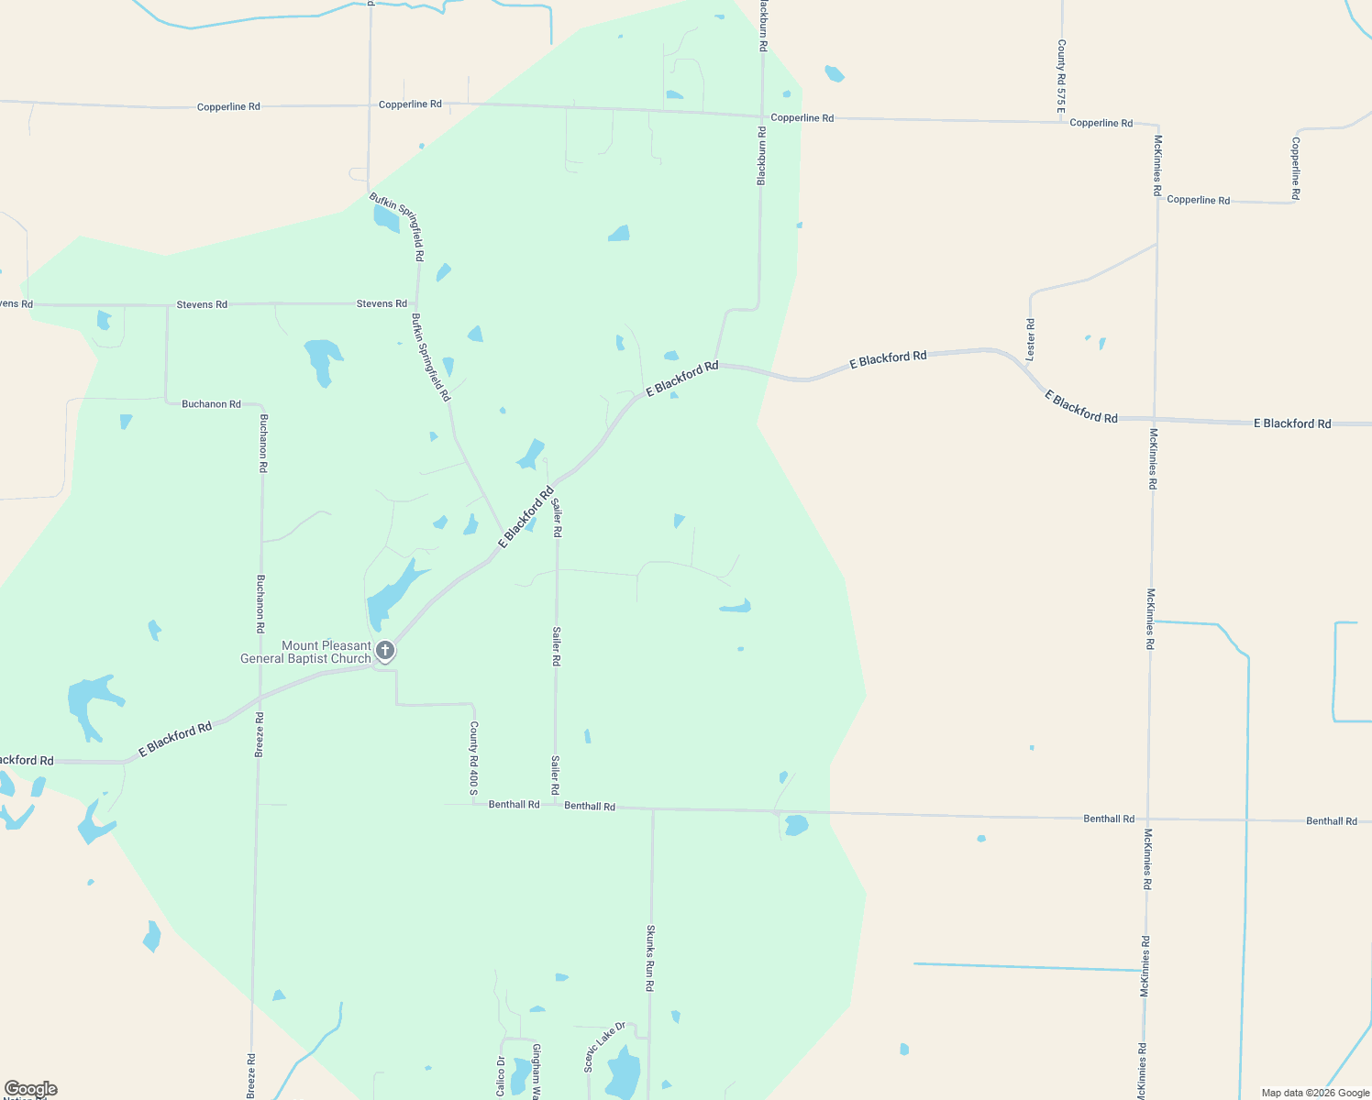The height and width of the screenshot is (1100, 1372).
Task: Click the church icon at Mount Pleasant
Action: point(386,651)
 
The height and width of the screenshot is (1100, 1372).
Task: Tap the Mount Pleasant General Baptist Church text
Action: point(305,652)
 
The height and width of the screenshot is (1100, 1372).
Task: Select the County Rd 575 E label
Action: point(1061,76)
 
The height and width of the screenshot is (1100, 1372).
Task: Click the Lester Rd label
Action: point(1031,338)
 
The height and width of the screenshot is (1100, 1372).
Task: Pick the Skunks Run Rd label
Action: point(650,957)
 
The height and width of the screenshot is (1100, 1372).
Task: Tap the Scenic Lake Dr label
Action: point(604,1046)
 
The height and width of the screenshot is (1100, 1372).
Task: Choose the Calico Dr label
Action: point(501,1075)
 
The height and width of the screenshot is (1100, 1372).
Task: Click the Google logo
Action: point(31,1089)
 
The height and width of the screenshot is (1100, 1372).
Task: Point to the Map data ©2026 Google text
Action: point(1315,1093)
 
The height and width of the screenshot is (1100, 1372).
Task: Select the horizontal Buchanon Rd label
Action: point(211,403)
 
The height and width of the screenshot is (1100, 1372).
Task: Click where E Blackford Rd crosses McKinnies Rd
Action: point(1154,419)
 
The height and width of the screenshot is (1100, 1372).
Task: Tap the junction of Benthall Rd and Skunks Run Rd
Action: point(653,809)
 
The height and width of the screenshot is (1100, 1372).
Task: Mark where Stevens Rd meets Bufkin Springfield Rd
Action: point(417,303)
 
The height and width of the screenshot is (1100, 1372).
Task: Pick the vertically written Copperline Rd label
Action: point(1295,169)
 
